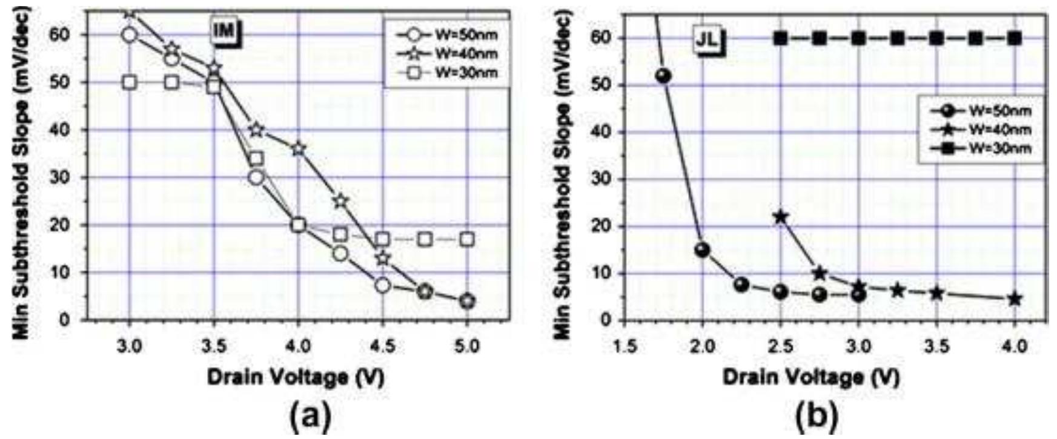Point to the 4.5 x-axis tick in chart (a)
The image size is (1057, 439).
click(x=383, y=346)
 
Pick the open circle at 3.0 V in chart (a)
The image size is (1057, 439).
click(x=129, y=35)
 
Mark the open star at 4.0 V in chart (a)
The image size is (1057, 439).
click(x=298, y=148)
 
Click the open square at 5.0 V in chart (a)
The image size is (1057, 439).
click(x=467, y=239)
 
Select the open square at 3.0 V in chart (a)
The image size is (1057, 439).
click(x=129, y=82)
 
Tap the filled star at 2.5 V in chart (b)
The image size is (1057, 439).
click(x=780, y=217)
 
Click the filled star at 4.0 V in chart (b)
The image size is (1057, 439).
click(x=1015, y=299)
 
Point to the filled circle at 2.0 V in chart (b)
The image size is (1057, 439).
click(x=702, y=249)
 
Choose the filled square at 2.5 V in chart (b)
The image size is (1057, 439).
click(x=780, y=39)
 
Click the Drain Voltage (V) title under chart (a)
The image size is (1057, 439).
click(x=296, y=378)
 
